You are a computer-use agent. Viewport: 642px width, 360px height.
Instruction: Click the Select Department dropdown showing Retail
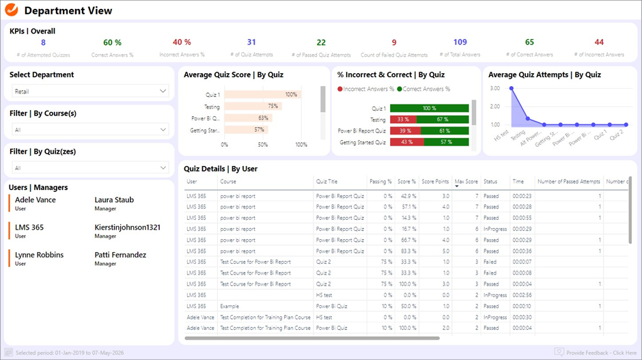[89, 91]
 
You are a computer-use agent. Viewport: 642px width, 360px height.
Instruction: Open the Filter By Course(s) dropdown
[89, 129]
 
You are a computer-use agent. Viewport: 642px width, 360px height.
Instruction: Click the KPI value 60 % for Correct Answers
[112, 42]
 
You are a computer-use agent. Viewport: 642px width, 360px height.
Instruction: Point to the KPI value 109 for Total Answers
[460, 42]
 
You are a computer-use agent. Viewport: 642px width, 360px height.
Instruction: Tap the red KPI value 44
[598, 42]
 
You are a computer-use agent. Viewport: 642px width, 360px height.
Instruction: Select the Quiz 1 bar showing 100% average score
[262, 95]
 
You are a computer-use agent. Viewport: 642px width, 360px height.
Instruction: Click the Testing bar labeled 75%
[252, 107]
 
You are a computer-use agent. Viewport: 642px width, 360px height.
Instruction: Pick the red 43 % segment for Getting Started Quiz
[407, 142]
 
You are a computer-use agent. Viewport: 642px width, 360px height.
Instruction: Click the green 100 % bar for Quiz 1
[429, 108]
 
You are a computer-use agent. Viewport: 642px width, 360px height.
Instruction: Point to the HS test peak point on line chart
[511, 89]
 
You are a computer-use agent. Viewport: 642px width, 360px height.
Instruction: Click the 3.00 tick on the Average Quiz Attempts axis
[495, 88]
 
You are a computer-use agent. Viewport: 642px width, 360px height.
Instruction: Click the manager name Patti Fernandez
[120, 255]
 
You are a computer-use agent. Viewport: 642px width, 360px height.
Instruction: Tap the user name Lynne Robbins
[39, 255]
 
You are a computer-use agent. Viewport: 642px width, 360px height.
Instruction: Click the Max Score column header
[466, 182]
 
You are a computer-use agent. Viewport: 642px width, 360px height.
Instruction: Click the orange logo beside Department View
[11, 10]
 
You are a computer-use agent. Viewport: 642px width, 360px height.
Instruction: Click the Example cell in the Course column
[229, 306]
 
